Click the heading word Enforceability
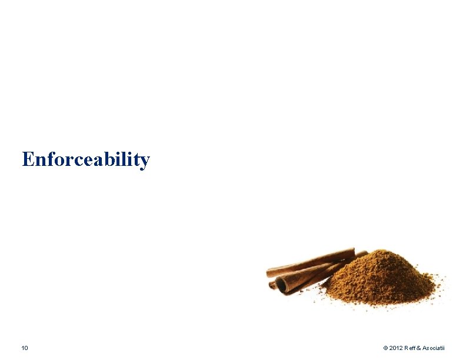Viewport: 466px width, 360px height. tap(86, 159)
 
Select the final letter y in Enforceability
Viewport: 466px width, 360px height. tap(144, 162)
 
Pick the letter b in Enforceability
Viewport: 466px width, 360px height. tap(113, 159)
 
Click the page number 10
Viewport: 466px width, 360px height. tap(24, 349)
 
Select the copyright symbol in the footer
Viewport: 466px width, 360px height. tap(385, 349)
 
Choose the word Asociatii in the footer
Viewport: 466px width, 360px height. tap(436, 349)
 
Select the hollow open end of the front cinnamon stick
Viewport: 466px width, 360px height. tap(281, 285)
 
